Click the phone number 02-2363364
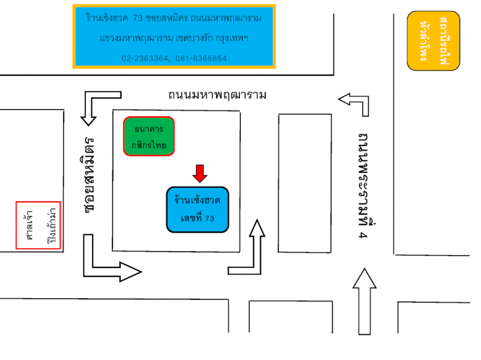tap(146, 58)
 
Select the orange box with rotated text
tap(433, 41)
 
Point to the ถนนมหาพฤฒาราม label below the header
tap(217, 95)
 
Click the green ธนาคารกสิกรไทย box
tap(149, 136)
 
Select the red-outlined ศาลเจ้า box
tap(38, 225)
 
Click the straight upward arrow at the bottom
tap(364, 301)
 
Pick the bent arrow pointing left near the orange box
tap(356, 102)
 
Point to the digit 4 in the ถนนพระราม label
tap(363, 236)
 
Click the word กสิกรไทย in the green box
tap(149, 145)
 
